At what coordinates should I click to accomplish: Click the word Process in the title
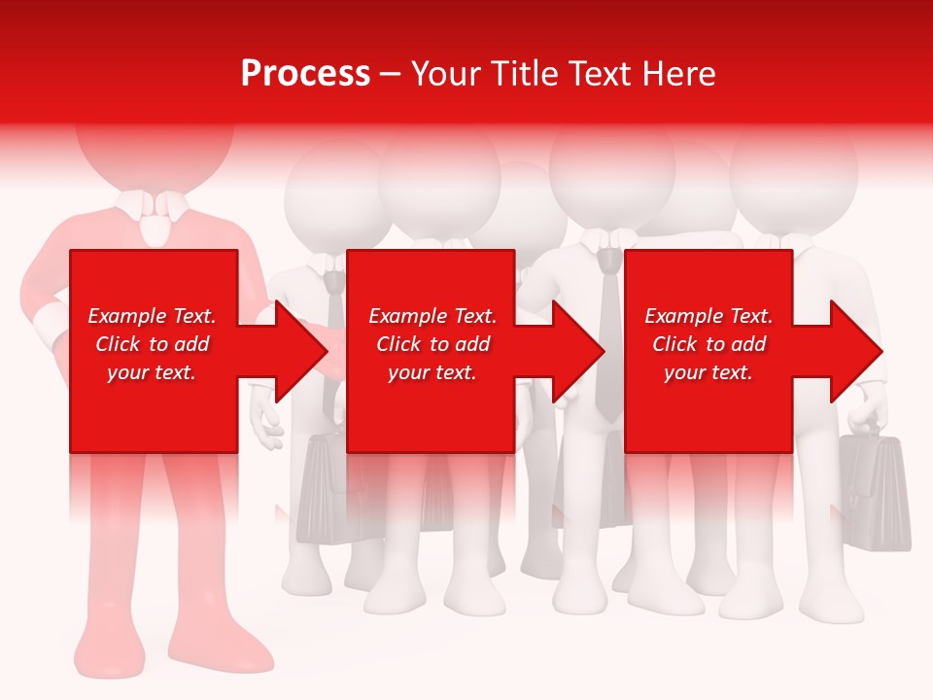coord(305,74)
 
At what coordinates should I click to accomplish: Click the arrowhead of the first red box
coord(296,351)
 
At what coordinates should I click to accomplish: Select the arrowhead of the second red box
coord(575,351)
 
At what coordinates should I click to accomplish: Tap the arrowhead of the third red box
coord(853,351)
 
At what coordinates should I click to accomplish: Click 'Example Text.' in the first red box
coord(152,316)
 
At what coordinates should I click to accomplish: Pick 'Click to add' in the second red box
coord(432,344)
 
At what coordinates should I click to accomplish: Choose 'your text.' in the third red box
coord(708,372)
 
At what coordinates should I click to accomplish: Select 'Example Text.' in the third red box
coord(708,316)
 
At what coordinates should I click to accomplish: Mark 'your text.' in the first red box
coord(152,372)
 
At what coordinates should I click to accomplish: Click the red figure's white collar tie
coord(154,226)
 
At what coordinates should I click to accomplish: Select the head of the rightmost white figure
coord(792,170)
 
